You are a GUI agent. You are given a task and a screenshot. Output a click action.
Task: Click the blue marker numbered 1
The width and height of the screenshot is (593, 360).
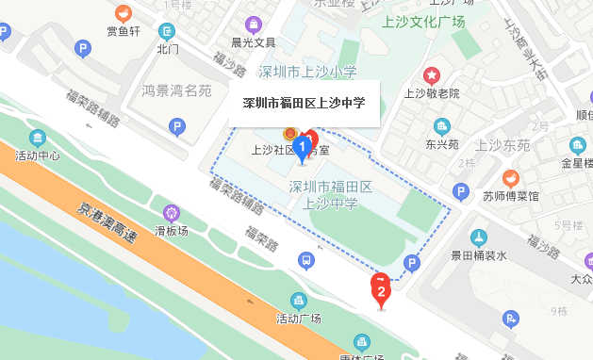point(302,147)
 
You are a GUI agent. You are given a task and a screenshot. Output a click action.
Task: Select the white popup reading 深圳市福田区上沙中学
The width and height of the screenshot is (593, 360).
point(304,104)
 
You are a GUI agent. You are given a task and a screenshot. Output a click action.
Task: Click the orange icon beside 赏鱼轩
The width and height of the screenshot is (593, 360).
point(123,13)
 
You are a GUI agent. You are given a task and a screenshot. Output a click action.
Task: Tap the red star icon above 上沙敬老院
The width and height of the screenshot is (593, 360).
point(432,75)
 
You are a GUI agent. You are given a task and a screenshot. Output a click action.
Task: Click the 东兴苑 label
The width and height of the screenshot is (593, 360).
point(441,145)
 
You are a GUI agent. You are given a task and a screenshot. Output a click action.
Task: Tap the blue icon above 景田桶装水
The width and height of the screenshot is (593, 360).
point(478,237)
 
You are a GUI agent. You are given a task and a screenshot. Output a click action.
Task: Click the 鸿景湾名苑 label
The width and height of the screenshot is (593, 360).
point(176,90)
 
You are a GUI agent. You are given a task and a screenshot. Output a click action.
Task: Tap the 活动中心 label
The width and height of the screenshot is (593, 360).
point(38,155)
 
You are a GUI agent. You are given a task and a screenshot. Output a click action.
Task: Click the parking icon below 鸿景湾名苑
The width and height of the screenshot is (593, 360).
point(175,127)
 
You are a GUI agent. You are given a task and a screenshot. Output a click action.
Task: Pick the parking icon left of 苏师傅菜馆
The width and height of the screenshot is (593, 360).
point(461,192)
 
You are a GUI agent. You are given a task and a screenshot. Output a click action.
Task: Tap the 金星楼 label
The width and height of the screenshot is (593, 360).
point(576,162)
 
